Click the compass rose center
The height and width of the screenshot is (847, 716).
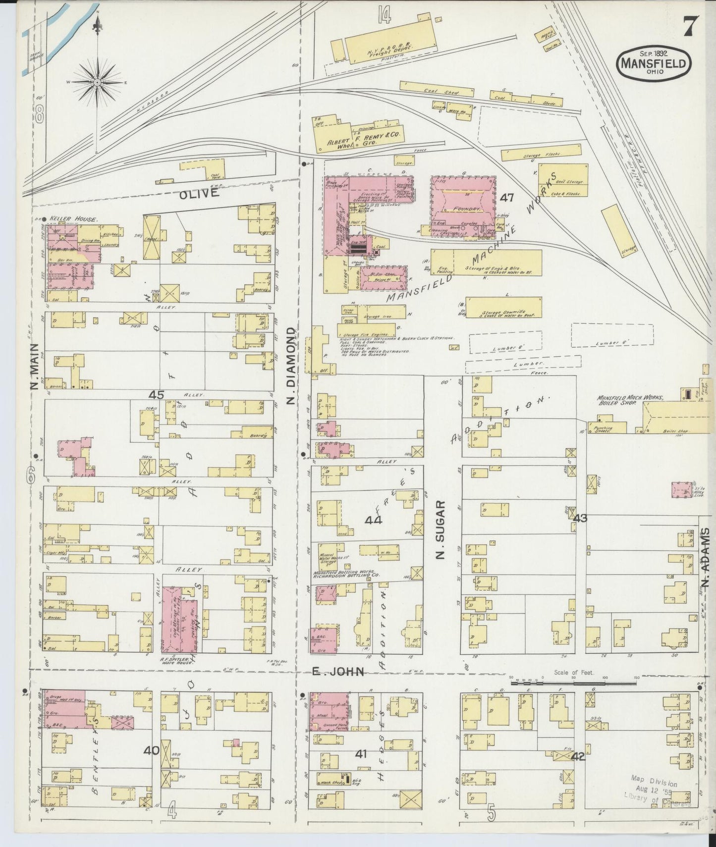pos(98,82)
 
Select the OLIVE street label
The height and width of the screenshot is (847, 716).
pos(199,194)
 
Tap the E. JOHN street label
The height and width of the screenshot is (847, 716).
pos(338,672)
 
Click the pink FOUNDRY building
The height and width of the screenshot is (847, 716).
pos(463,206)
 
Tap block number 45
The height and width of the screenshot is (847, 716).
pos(157,395)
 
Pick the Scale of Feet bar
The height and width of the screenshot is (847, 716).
pos(573,684)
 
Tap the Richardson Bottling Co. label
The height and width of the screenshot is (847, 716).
pos(346,576)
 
